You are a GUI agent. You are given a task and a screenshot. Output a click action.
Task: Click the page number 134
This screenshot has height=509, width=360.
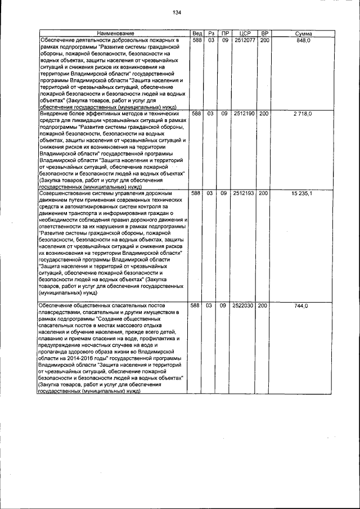177,12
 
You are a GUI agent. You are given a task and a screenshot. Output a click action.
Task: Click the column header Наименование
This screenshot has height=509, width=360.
112,34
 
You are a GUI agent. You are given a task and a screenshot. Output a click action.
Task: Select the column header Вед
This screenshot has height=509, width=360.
196,34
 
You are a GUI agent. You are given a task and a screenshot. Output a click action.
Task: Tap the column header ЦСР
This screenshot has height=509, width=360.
244,34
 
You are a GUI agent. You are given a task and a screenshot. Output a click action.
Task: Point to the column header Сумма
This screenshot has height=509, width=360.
303,34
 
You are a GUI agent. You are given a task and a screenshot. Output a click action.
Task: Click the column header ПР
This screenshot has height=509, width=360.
224,34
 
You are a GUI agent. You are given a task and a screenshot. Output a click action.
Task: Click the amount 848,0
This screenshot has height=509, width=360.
304,41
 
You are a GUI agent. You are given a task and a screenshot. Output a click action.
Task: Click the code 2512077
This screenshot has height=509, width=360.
244,41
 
